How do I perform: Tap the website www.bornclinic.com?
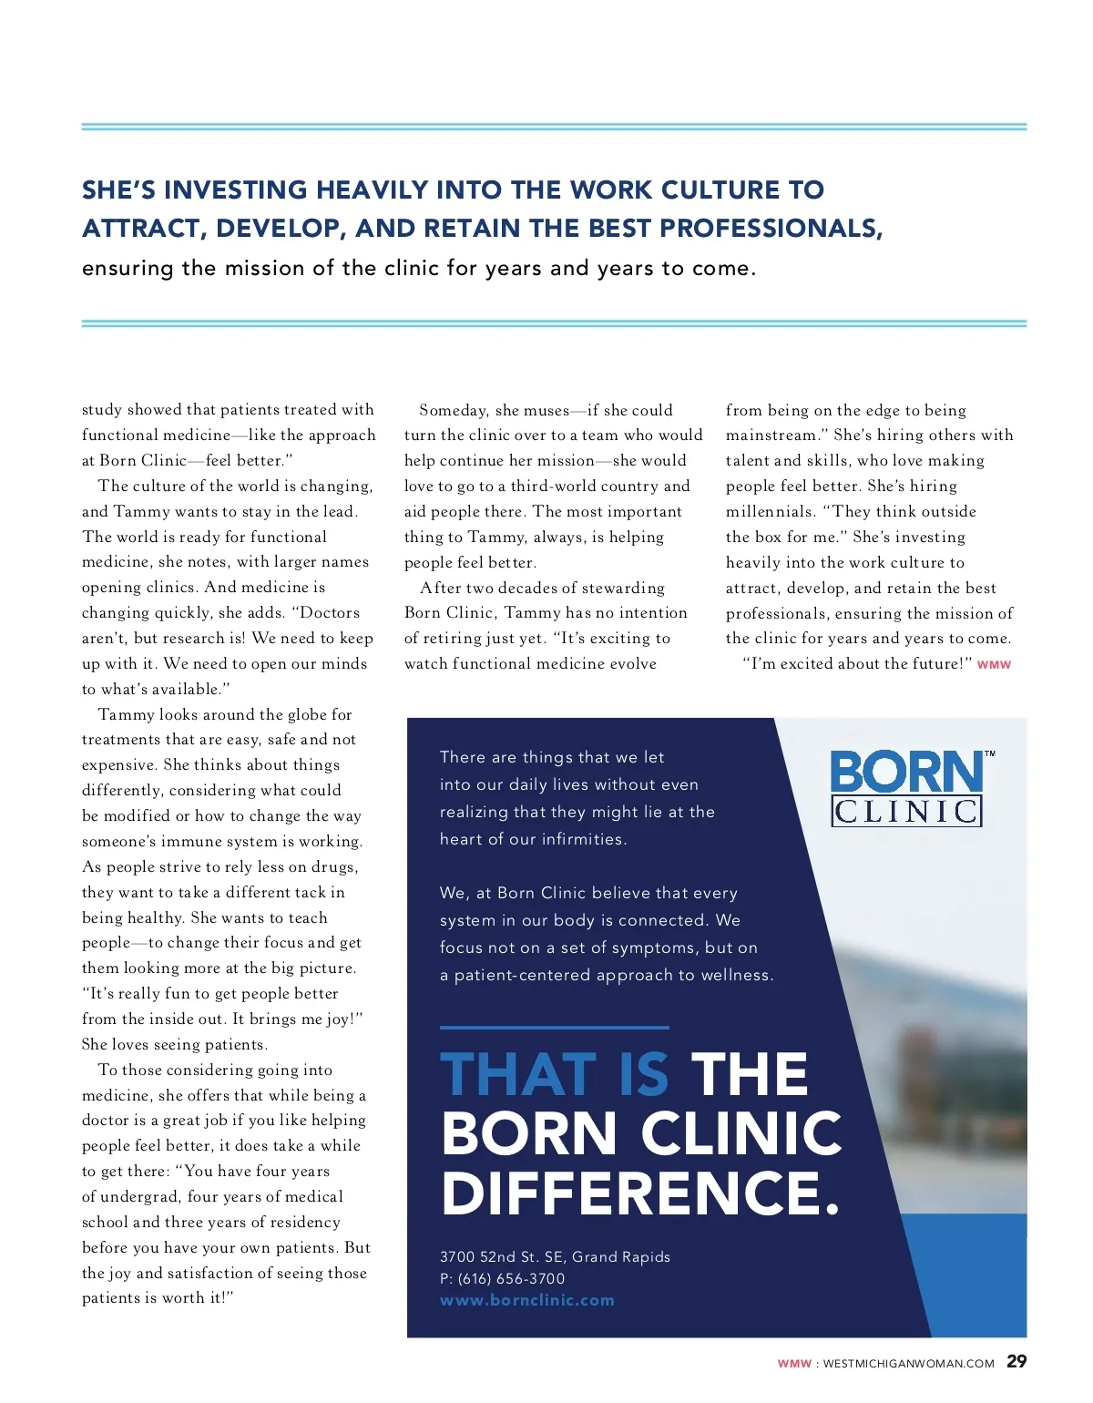(527, 1300)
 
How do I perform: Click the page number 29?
(1016, 1362)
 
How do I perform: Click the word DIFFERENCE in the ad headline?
(639, 1193)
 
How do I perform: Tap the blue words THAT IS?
(554, 1074)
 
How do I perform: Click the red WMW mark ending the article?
(994, 665)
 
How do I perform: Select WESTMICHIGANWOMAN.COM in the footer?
(908, 1364)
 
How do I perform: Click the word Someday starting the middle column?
(454, 410)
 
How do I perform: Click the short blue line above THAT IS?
(554, 1028)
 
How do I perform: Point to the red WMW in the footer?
(793, 1364)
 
